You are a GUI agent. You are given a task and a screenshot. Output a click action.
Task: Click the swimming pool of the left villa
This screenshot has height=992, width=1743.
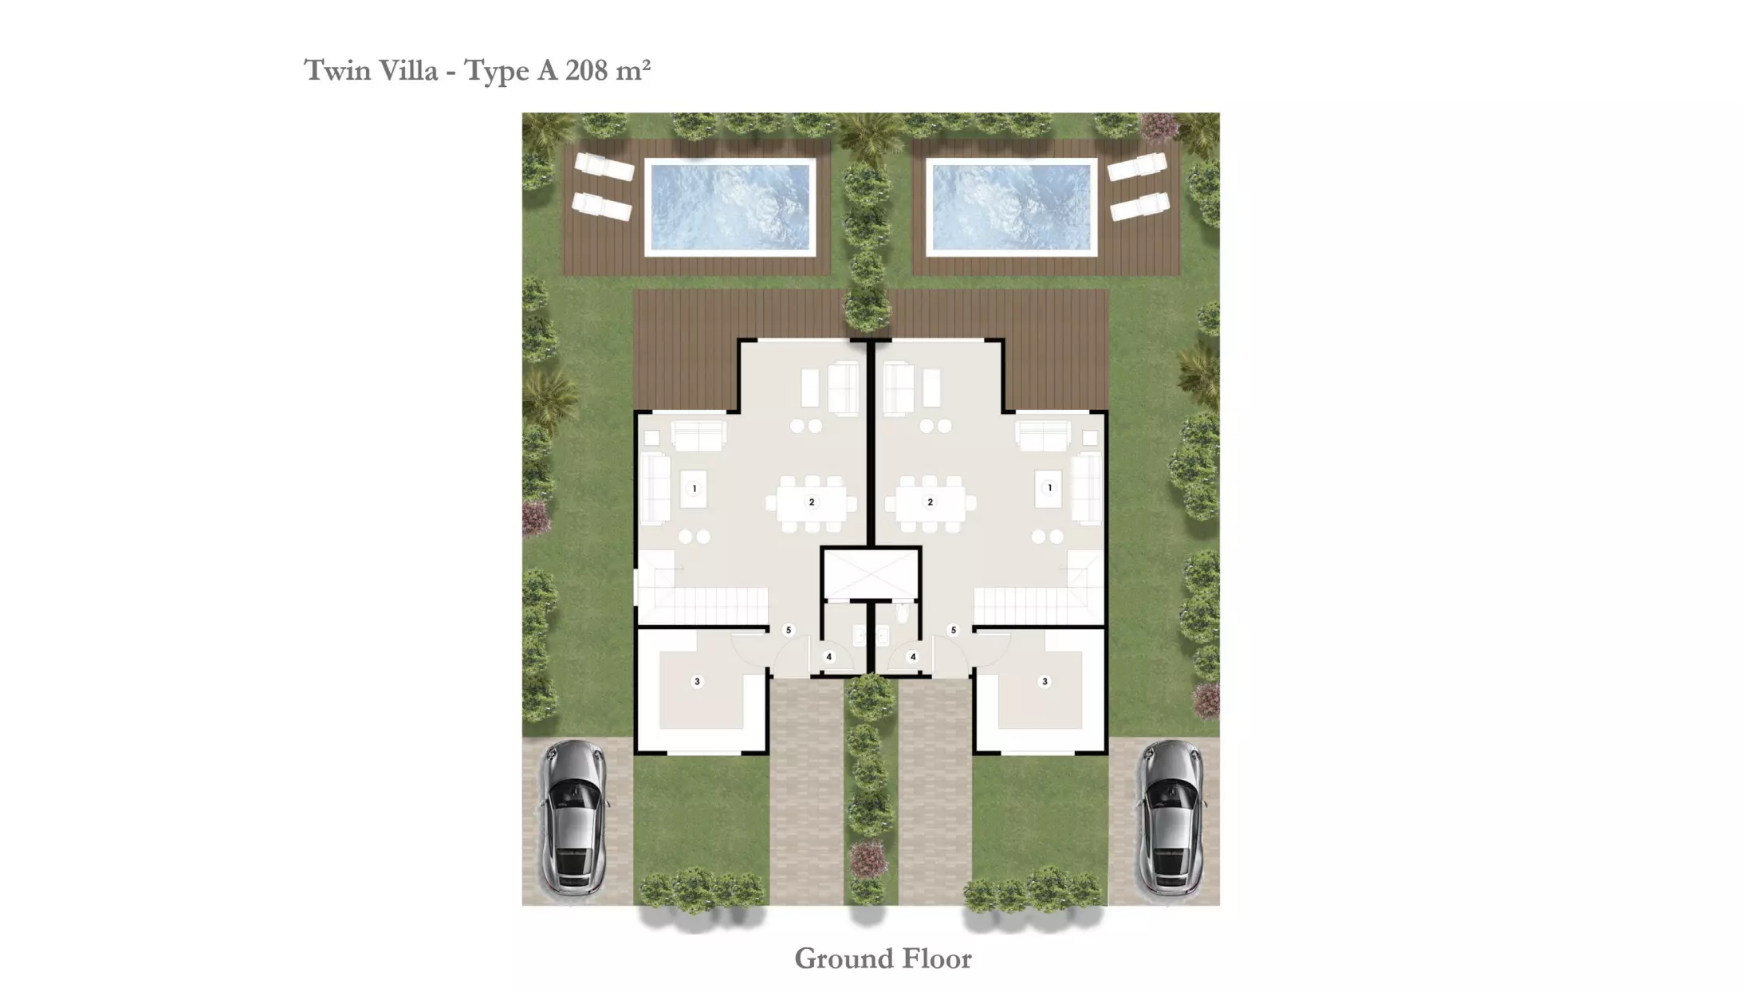click(730, 207)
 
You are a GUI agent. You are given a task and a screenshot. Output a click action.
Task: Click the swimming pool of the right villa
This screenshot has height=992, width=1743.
click(1011, 207)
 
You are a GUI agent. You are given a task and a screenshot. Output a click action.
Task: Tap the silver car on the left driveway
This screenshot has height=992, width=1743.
click(572, 817)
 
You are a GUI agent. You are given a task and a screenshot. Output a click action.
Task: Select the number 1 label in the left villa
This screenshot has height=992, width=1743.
click(694, 489)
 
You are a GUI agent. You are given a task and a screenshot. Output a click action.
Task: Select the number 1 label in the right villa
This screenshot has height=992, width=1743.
click(1049, 487)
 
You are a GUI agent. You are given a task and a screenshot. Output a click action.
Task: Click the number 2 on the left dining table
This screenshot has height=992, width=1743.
click(812, 502)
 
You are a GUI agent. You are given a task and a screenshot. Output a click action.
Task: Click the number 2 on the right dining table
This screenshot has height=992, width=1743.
click(930, 502)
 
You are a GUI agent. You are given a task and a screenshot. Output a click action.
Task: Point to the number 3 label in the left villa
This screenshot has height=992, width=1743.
click(697, 682)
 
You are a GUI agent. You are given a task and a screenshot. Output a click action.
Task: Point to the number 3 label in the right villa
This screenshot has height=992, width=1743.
click(1045, 682)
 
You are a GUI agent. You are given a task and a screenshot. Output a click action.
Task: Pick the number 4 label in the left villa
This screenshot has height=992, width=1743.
click(829, 657)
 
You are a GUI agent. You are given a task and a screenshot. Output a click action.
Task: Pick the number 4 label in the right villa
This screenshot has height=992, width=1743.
click(913, 657)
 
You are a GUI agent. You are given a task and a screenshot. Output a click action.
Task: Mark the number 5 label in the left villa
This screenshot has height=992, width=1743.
click(789, 630)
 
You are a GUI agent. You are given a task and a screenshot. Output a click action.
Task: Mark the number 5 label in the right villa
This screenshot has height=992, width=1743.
click(953, 630)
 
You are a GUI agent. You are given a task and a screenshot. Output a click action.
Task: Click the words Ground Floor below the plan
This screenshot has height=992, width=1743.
click(883, 959)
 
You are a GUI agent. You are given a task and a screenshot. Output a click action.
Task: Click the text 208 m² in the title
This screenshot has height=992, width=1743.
click(608, 70)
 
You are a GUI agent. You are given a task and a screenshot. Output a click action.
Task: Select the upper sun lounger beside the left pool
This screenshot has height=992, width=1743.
click(604, 166)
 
